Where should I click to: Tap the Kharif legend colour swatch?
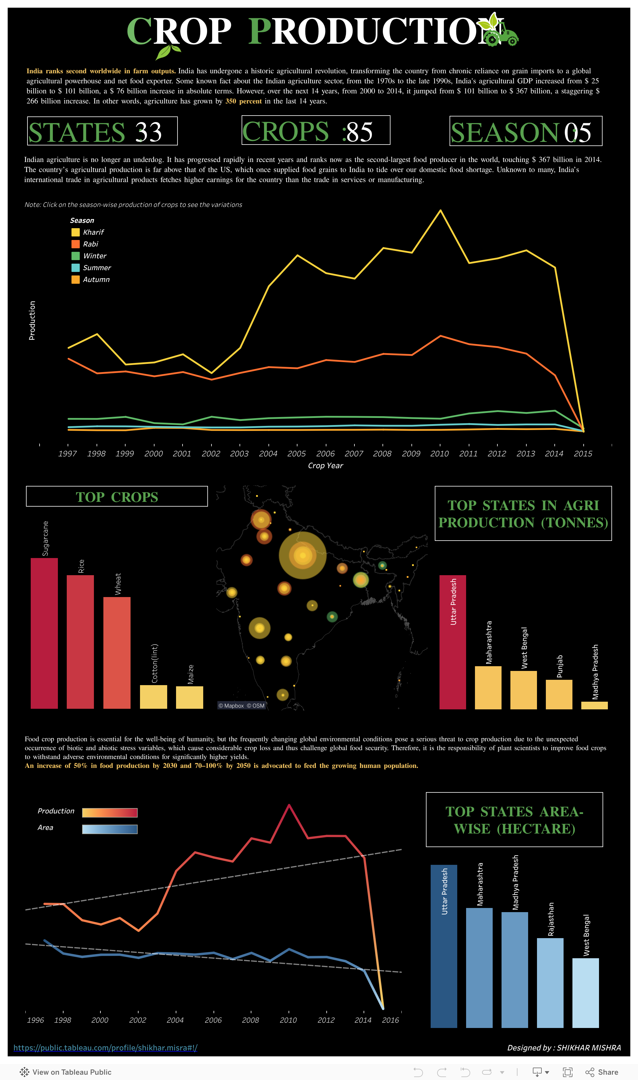click(x=75, y=232)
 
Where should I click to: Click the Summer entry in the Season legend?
click(x=96, y=267)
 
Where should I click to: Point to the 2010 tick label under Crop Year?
click(x=440, y=453)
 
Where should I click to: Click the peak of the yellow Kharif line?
click(x=440, y=210)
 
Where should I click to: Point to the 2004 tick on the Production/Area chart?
click(x=175, y=1020)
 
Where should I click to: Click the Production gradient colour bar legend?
click(x=110, y=813)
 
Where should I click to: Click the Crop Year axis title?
click(x=325, y=466)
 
